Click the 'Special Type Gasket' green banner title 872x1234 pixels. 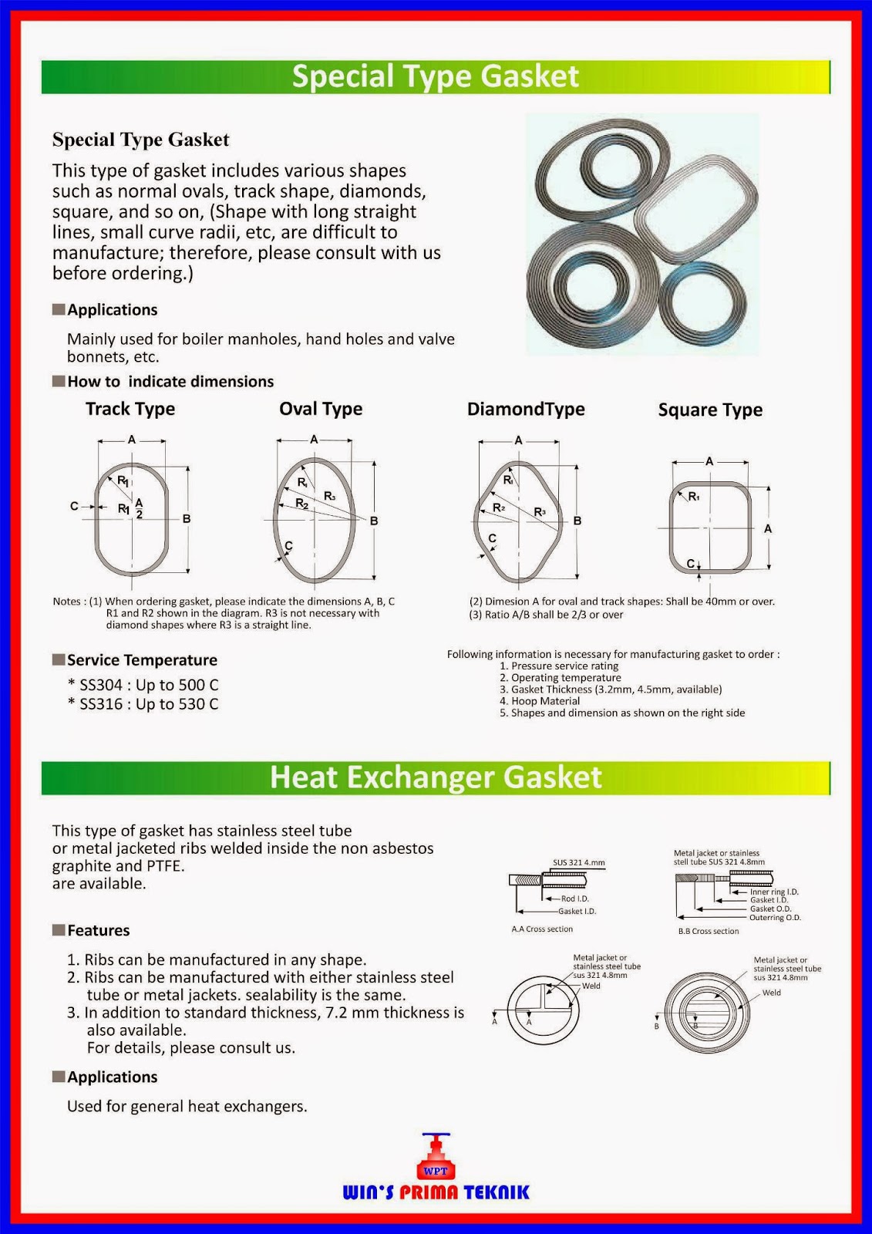(436, 76)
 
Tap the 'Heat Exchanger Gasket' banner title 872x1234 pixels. (436, 777)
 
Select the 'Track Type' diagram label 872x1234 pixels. (130, 409)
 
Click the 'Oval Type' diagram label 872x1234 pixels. (321, 409)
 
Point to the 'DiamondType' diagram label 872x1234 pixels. (526, 409)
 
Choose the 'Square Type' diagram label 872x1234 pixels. (710, 410)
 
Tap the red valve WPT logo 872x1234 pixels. (436, 1161)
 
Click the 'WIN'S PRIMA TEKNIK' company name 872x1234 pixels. (436, 1192)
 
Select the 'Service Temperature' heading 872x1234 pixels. (142, 660)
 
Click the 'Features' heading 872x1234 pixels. (98, 930)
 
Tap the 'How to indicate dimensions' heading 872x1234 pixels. (170, 381)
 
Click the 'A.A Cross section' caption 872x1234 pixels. (542, 929)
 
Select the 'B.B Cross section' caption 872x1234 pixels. (708, 932)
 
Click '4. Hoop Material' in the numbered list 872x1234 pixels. (540, 701)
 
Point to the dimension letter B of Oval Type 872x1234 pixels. (374, 521)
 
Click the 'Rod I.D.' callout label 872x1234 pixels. (574, 899)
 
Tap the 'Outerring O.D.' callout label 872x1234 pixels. (775, 918)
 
